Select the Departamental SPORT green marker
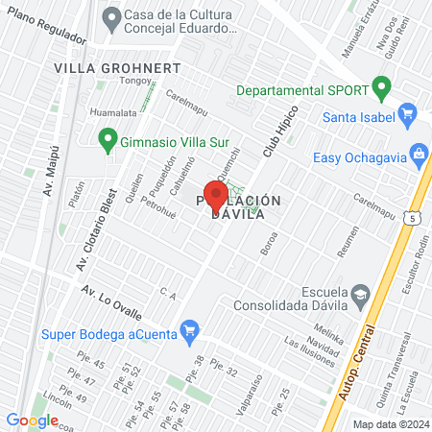point(382,90)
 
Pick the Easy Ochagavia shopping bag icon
point(419,154)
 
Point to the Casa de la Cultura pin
point(111,16)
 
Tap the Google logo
point(32,420)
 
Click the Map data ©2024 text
point(390,424)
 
